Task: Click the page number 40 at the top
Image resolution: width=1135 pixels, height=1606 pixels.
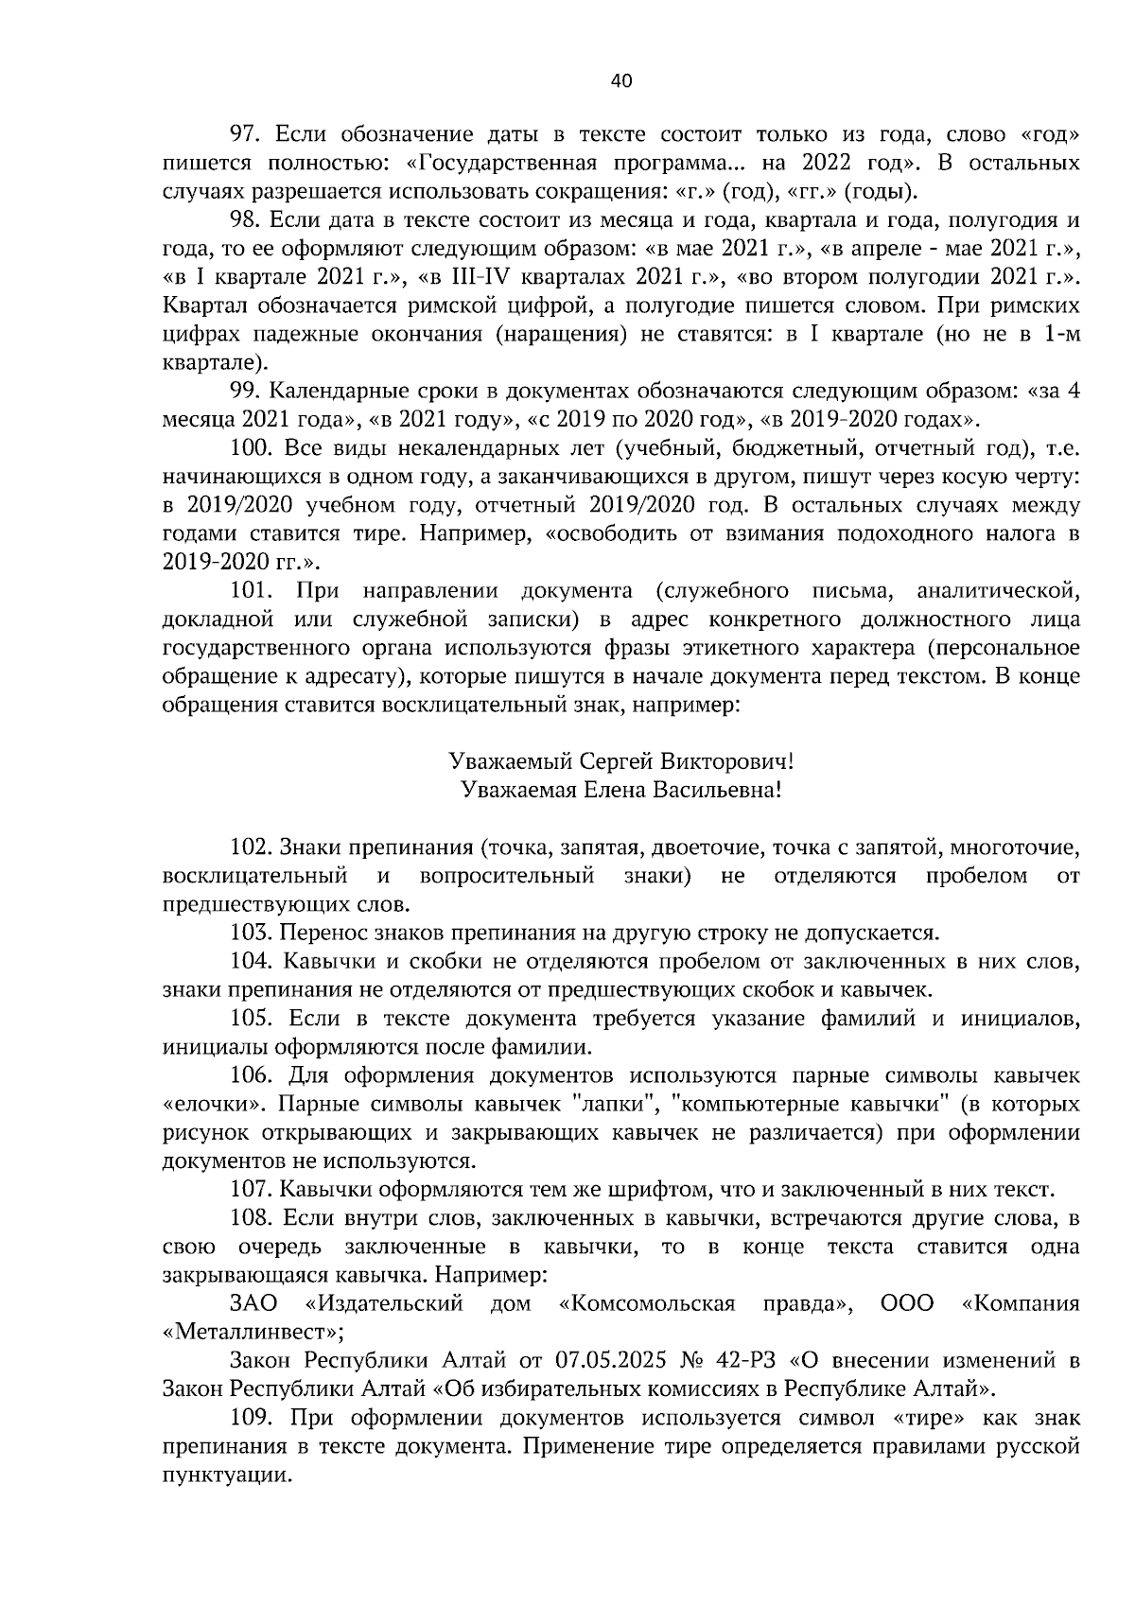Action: click(x=620, y=81)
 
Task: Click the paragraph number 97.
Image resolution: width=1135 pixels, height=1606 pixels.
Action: click(x=248, y=135)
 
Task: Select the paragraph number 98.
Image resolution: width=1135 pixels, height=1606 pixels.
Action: click(x=248, y=221)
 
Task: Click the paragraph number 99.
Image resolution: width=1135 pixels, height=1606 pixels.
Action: click(x=248, y=392)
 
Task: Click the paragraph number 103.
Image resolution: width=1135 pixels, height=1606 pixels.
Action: click(x=253, y=934)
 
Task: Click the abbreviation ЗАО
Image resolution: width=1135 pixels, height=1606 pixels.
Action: click(x=253, y=1304)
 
